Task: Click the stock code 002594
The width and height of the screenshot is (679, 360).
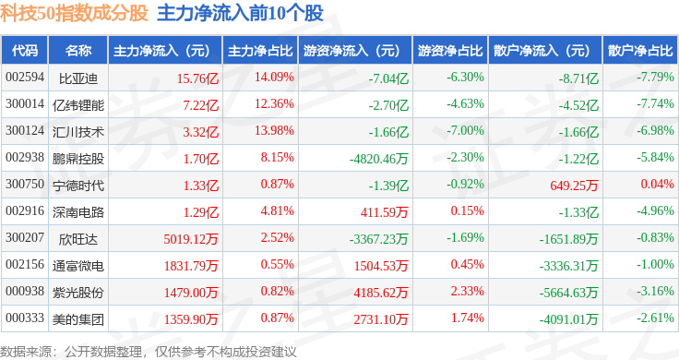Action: click(x=25, y=78)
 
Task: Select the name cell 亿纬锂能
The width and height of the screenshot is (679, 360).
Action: click(x=78, y=105)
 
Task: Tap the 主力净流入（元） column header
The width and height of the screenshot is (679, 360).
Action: click(x=161, y=51)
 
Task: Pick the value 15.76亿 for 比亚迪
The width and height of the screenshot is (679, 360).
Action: click(x=198, y=78)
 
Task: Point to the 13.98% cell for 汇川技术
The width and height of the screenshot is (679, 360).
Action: click(x=274, y=130)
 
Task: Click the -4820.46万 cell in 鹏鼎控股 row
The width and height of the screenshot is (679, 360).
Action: click(x=379, y=159)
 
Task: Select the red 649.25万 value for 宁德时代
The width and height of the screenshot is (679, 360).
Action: click(x=574, y=186)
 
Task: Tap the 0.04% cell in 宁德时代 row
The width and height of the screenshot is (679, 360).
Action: click(x=658, y=184)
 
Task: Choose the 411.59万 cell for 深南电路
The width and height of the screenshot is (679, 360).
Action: click(x=385, y=212)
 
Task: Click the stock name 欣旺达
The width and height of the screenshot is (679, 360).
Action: click(x=78, y=239)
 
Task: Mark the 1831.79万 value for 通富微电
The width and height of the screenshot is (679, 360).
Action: click(x=191, y=266)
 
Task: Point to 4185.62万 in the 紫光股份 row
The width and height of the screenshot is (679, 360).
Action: click(x=381, y=293)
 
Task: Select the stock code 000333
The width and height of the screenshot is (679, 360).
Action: click(x=25, y=318)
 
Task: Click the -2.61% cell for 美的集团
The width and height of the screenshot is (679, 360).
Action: click(x=655, y=318)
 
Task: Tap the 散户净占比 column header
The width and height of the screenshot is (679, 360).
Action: click(x=640, y=51)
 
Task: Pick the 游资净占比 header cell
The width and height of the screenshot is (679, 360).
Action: click(x=450, y=51)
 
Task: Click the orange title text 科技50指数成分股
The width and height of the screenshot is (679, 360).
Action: click(x=74, y=13)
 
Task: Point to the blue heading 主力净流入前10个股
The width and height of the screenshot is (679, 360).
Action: click(x=241, y=13)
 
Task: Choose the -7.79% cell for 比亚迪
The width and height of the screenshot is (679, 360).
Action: click(x=655, y=78)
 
